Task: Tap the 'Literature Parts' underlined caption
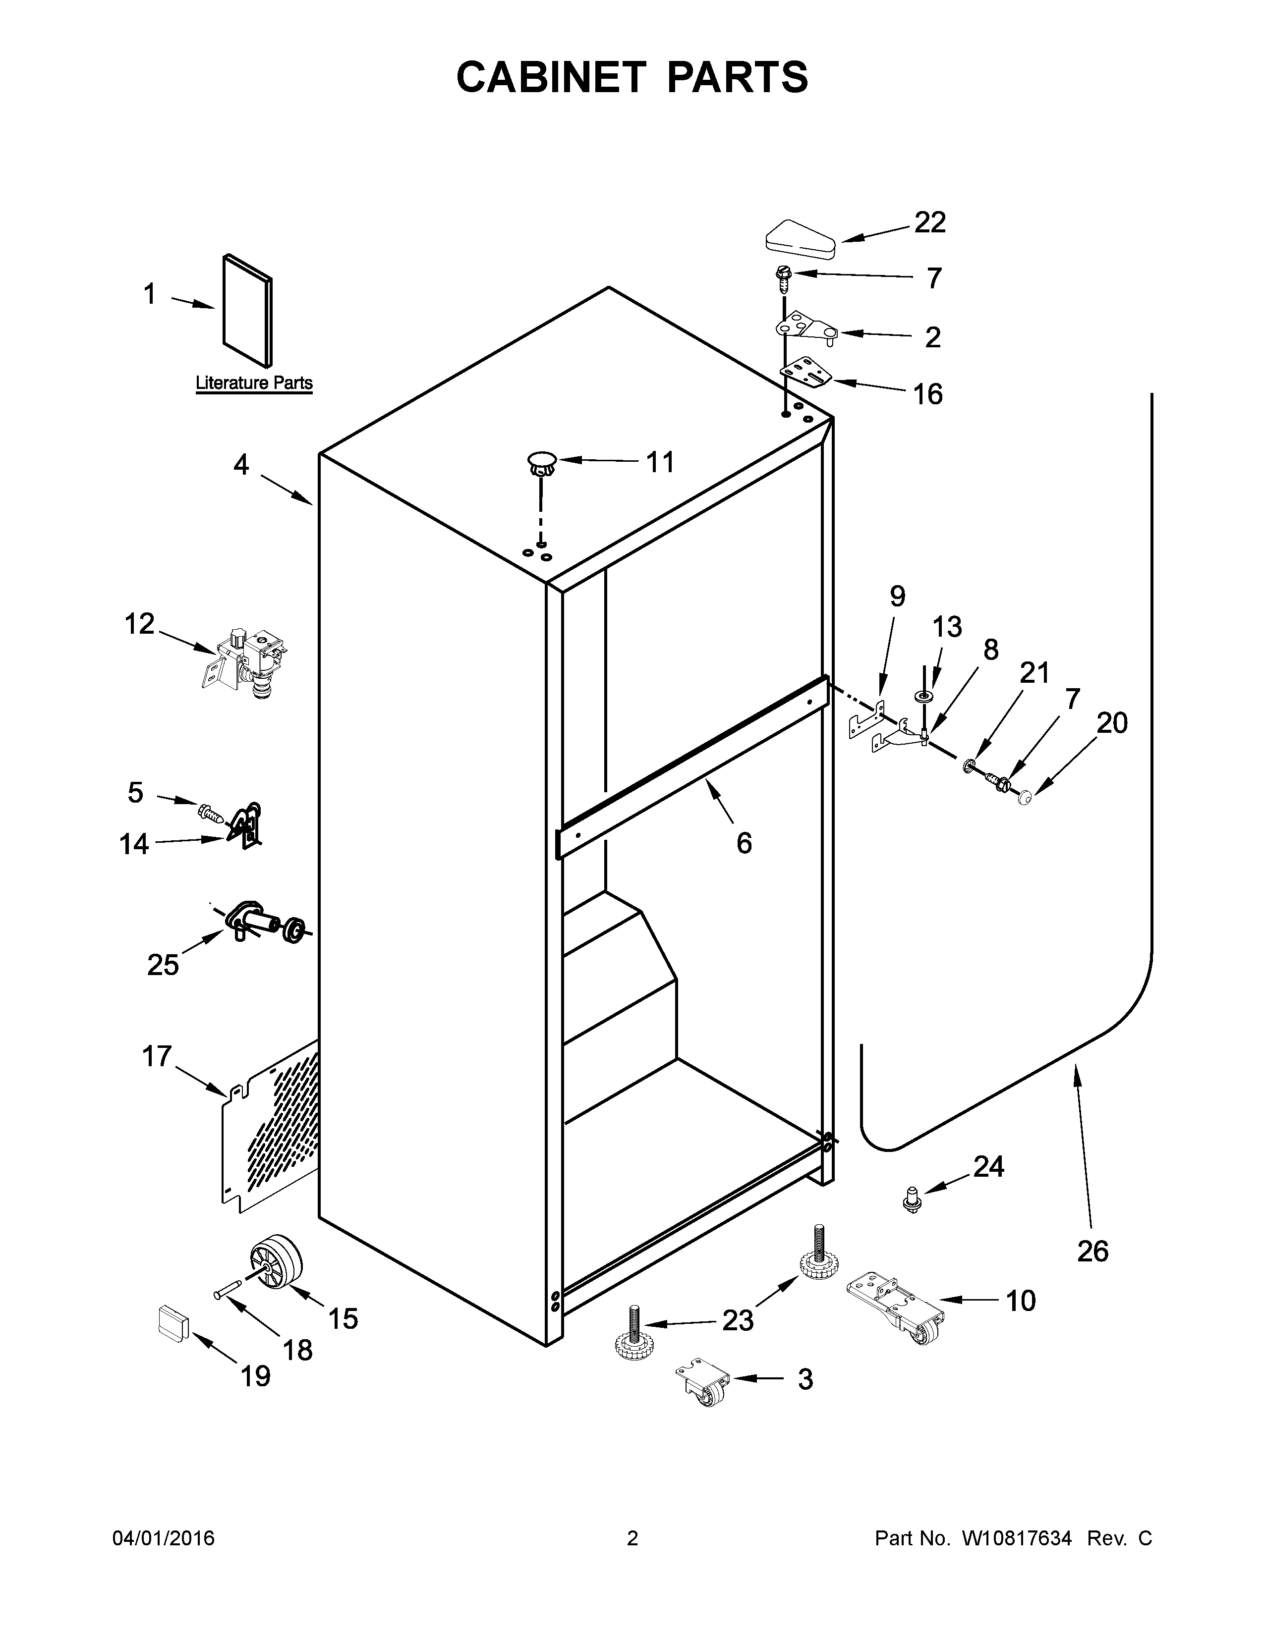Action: point(254,382)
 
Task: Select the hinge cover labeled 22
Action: point(800,239)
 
